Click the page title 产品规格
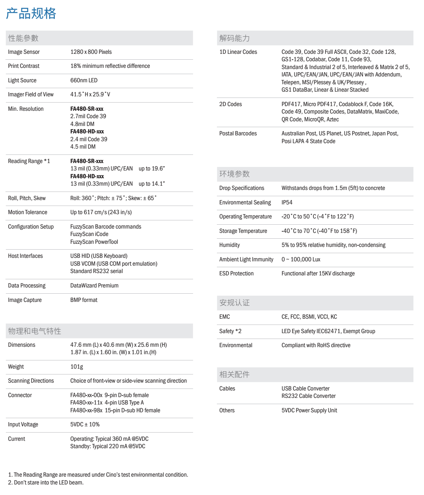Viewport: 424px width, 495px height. click(31, 14)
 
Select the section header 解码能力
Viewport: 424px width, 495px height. click(234, 38)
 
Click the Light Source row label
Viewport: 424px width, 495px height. click(22, 80)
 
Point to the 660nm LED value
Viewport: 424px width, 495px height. click(84, 80)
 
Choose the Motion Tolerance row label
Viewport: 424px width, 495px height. click(28, 212)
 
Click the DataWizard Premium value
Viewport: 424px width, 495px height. click(94, 286)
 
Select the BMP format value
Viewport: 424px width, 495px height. click(84, 300)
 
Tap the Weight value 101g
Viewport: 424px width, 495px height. click(77, 367)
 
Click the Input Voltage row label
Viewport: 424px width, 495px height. click(23, 424)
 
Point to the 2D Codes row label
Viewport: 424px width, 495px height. click(231, 104)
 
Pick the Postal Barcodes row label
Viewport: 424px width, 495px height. click(238, 133)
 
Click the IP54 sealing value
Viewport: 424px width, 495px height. click(287, 202)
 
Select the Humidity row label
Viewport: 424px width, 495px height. click(229, 245)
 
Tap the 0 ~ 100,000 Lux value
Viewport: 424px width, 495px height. click(301, 259)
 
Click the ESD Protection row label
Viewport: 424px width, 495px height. click(236, 273)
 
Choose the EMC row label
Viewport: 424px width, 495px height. click(225, 317)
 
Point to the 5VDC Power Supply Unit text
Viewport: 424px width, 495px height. click(309, 410)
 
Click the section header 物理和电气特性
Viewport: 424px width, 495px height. click(35, 331)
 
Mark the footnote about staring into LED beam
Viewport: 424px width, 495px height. click(46, 483)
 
